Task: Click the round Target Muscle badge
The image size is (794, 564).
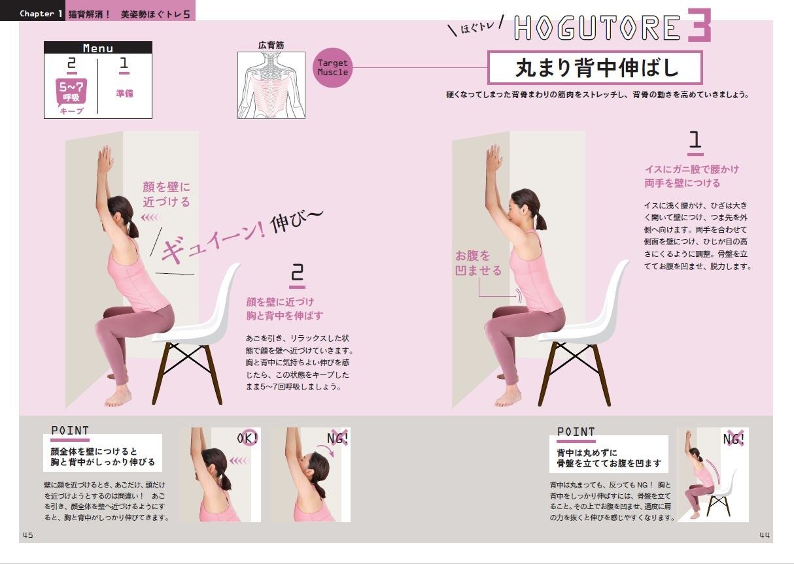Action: (332, 68)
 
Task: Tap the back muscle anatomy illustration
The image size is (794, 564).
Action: (271, 85)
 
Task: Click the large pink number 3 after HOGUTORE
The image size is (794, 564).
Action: (699, 25)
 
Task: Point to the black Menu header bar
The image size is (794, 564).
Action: (98, 48)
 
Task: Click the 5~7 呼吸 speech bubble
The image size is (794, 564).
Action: (71, 92)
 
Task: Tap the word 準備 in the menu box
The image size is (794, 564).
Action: (124, 93)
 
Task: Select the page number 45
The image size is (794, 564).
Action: (27, 535)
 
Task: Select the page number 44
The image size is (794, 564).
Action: (765, 535)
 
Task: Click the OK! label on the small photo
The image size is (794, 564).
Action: (247, 439)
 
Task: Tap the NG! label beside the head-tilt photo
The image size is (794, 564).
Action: (337, 439)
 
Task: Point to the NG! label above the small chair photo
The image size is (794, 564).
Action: (734, 439)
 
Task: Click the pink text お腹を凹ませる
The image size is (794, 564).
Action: (478, 263)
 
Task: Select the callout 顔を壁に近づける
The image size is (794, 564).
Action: (167, 194)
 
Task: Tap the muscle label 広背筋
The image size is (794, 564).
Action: (271, 45)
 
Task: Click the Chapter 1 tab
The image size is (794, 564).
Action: (41, 14)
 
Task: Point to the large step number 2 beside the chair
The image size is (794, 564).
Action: (297, 275)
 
